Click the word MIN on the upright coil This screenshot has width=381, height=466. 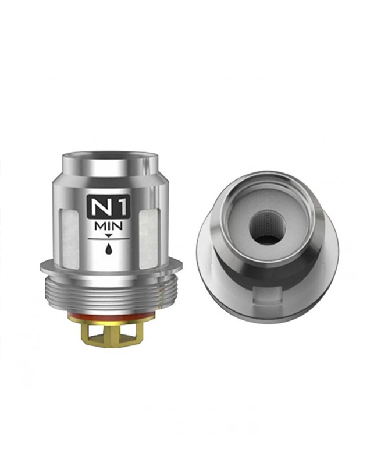coord(108,227)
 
